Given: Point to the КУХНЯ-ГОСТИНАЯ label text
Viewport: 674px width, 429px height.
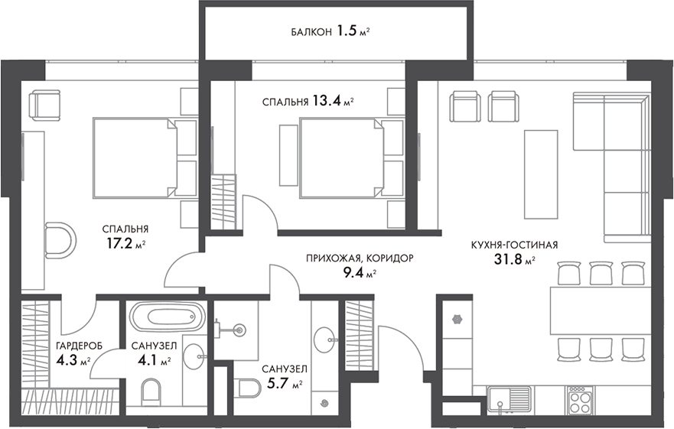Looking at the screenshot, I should click(514, 245).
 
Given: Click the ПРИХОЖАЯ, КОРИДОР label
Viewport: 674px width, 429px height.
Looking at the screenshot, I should click(359, 258).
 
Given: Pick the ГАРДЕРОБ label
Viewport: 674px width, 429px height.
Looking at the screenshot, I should click(79, 346).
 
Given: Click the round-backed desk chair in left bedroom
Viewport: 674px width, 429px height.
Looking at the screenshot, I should click(60, 241).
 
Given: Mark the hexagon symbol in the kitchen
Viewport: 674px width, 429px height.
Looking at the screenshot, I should click(458, 318).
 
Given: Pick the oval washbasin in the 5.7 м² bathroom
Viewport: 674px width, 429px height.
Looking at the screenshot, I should click(326, 337).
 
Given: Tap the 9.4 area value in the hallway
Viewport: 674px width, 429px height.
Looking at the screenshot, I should click(354, 273).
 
